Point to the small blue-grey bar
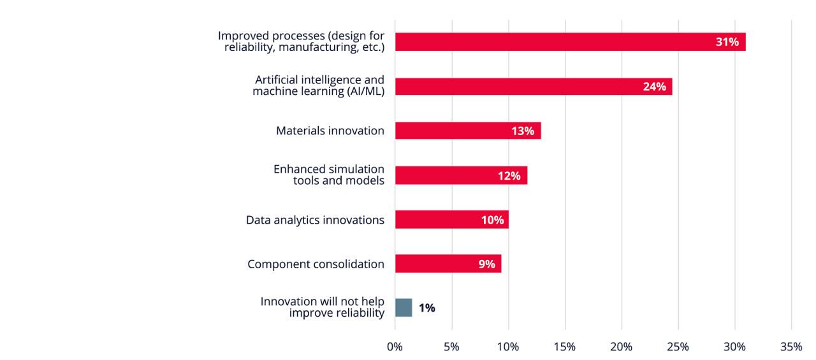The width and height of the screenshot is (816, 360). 404,308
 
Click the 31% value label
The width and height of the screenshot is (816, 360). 727,42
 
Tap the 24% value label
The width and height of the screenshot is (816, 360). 654,87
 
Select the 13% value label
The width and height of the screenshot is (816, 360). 523,131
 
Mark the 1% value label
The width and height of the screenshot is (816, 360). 427,308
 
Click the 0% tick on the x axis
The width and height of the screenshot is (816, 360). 395,347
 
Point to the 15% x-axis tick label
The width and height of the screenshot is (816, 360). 565,347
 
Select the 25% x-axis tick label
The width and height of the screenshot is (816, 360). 678,347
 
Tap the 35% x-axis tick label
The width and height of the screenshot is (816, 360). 791,347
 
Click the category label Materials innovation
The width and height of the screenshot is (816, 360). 330,131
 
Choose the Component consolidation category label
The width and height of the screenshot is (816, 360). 316,264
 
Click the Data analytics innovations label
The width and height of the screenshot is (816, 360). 315,220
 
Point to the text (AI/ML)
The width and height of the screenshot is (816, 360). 365,91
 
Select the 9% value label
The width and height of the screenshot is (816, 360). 487,264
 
